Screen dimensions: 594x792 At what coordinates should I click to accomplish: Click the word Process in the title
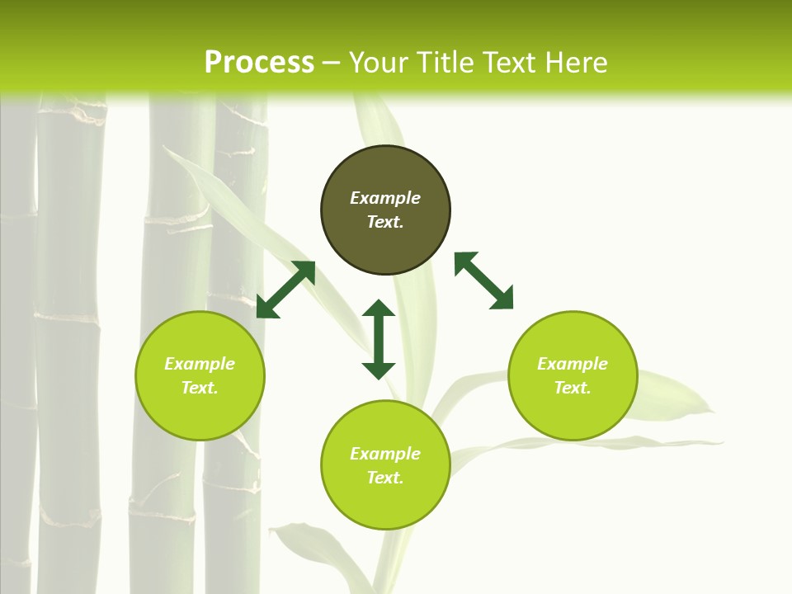[x=259, y=63]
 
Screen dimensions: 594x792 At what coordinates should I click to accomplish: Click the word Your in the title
[x=380, y=63]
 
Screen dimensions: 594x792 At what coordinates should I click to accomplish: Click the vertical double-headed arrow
[x=379, y=339]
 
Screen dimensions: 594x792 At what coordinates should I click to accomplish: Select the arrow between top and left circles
[x=285, y=290]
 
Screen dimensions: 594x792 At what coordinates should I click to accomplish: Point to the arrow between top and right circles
[x=484, y=281]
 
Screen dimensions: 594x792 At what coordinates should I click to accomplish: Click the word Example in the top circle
[x=385, y=198]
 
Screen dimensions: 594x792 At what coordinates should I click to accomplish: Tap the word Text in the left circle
[x=200, y=388]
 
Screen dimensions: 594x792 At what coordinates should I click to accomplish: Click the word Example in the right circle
[x=573, y=364]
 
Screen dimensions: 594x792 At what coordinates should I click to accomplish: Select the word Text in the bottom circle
[x=385, y=478]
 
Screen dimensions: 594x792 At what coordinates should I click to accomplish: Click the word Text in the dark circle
[x=385, y=222]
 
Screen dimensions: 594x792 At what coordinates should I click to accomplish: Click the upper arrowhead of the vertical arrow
[x=379, y=310]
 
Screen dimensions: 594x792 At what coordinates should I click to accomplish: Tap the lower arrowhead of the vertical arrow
[x=379, y=368]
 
